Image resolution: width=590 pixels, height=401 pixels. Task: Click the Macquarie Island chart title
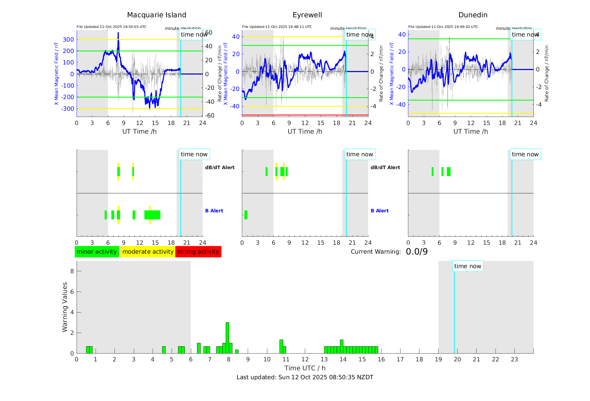(156, 15)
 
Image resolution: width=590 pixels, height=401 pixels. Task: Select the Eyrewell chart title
(307, 15)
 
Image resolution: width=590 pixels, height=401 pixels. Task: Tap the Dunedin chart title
(473, 15)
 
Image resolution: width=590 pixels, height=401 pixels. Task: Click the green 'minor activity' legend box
(97, 252)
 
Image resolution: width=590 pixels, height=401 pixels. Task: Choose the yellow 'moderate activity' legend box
(148, 252)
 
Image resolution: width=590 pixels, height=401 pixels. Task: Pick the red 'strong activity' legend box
(198, 252)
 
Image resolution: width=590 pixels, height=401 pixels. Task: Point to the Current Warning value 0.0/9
(417, 252)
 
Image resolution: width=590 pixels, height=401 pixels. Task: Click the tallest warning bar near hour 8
(227, 338)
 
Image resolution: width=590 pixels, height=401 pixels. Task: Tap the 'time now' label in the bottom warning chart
(468, 266)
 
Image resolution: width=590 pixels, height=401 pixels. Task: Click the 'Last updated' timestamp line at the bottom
(305, 377)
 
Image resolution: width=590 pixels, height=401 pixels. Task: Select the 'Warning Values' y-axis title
(65, 307)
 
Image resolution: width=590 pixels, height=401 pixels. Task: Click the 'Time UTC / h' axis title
(305, 368)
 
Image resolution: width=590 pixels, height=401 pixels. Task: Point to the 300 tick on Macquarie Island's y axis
(68, 40)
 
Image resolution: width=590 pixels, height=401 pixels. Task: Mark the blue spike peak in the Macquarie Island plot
(118, 33)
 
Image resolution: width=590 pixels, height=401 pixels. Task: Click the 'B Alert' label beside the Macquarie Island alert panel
(214, 211)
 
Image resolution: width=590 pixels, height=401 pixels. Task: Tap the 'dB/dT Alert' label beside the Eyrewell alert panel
(385, 167)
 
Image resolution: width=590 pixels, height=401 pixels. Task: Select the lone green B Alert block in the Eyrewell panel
(246, 215)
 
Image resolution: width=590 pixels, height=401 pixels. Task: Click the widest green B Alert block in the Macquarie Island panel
(152, 215)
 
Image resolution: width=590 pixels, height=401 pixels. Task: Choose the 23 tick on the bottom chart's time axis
(514, 359)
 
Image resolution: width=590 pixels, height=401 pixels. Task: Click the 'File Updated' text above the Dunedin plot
(443, 27)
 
